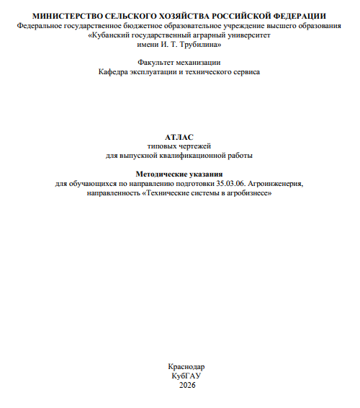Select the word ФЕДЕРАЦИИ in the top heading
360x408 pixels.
click(x=297, y=15)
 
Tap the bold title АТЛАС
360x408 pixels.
click(x=179, y=136)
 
